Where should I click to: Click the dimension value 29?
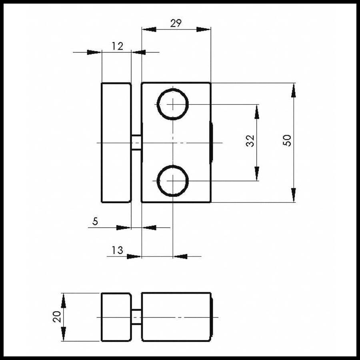[176, 23]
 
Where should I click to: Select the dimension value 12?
[117, 46]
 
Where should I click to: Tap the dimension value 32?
[250, 141]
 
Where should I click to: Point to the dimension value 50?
[287, 140]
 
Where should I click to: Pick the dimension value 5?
[95, 221]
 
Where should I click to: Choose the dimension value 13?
[117, 250]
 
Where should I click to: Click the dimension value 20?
[57, 317]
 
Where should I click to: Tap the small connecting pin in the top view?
[136, 142]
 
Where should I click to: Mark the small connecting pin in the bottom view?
[136, 317]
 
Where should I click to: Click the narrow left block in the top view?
[116, 142]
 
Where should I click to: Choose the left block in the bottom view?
[116, 317]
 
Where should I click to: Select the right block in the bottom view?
[177, 317]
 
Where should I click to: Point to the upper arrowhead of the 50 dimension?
[293, 90]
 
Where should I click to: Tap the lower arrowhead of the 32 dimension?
[257, 174]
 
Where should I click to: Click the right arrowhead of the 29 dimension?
[204, 29]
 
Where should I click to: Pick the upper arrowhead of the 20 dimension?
[64, 300]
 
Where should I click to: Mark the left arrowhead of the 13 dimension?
[134, 256]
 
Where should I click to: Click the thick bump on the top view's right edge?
[211, 142]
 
